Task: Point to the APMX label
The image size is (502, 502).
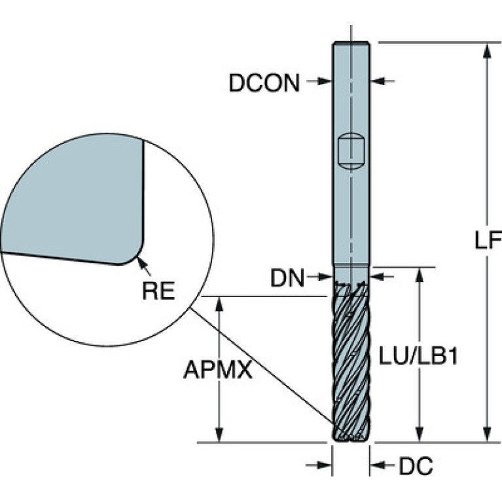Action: [217, 371]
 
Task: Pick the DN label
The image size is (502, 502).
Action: [288, 279]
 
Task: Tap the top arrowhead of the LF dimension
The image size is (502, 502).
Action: [486, 50]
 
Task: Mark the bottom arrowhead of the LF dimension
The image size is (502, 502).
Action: [486, 435]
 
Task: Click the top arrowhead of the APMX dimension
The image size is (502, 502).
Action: [220, 303]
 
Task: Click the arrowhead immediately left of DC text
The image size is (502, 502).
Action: [378, 465]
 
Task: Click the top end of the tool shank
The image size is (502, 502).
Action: [351, 44]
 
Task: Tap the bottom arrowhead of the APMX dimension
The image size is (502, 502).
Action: [220, 435]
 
